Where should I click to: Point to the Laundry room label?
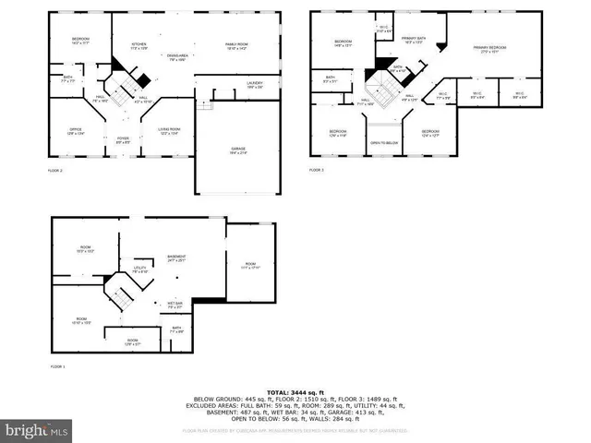click(x=255, y=85)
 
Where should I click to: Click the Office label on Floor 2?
click(x=76, y=130)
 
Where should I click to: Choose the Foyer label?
click(x=123, y=141)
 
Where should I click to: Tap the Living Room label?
click(x=169, y=130)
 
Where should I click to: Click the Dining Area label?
click(x=178, y=56)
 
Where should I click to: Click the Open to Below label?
click(x=384, y=143)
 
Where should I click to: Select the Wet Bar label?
click(x=175, y=305)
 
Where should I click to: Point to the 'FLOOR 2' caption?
click(x=55, y=172)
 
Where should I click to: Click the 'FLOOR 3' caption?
click(x=317, y=170)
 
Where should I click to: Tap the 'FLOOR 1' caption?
click(x=57, y=367)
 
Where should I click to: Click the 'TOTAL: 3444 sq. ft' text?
click(x=295, y=393)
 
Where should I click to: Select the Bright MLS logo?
click(x=37, y=430)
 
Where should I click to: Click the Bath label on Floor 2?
click(x=68, y=78)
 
